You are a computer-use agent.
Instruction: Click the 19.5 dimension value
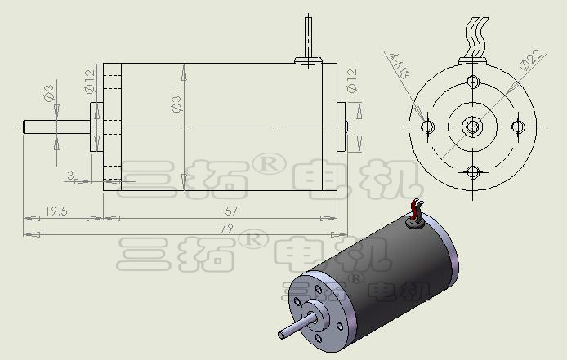pos(56,211)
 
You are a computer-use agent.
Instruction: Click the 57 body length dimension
pos(231,211)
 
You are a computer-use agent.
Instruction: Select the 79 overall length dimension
pos(227,229)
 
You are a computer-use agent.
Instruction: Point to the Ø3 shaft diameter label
pos(49,93)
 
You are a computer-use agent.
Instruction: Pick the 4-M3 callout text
pos(400,66)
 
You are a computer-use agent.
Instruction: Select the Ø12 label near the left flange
pos(90,81)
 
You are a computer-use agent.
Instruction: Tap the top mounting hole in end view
pos(472,81)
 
